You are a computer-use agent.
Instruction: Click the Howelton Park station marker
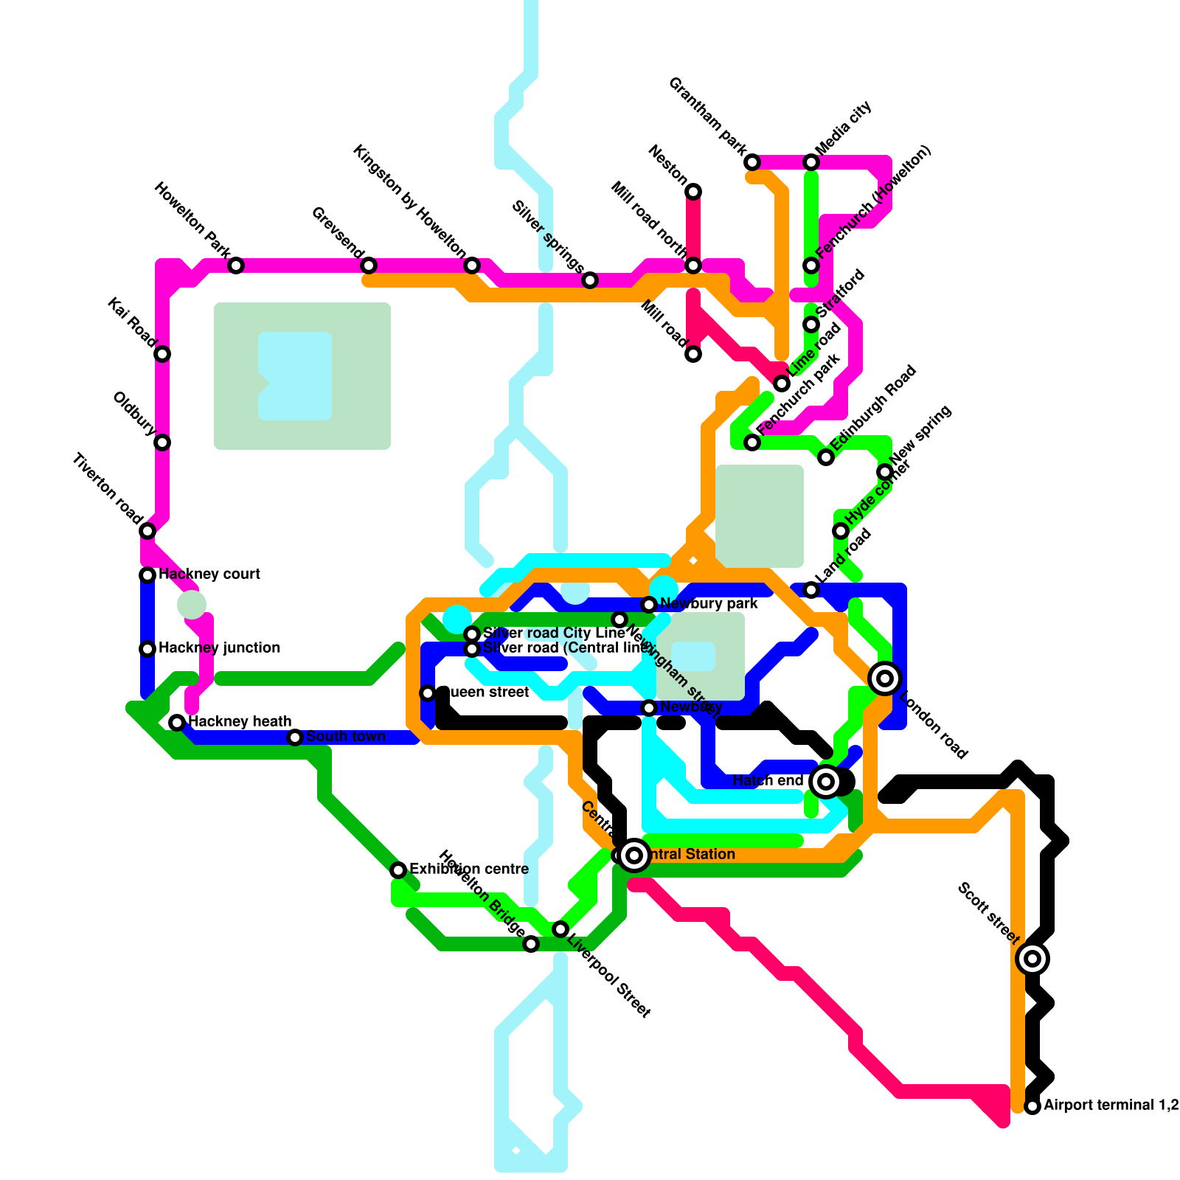point(236,265)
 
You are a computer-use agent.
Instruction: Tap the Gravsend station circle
point(369,265)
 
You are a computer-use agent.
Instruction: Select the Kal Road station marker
point(162,354)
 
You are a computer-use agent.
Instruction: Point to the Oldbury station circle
point(162,442)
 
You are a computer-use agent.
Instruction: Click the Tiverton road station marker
point(147,531)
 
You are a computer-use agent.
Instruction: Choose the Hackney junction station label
point(219,648)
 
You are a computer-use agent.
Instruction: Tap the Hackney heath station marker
point(177,723)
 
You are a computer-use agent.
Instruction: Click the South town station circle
point(295,737)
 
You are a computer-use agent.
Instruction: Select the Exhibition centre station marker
point(398,870)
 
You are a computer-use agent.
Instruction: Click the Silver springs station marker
point(590,280)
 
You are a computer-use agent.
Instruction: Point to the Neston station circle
point(693,192)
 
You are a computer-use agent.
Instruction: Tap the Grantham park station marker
point(752,162)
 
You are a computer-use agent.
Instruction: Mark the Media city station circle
point(811,162)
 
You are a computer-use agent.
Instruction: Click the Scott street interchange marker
point(1032,959)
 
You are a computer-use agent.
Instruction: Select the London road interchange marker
point(885,678)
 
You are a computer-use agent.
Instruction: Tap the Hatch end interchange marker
point(826,782)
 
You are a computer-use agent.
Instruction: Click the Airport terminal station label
point(1110,1106)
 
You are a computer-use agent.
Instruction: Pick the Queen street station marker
point(428,693)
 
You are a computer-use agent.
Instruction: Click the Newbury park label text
point(709,604)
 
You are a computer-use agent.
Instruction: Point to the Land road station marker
point(811,590)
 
